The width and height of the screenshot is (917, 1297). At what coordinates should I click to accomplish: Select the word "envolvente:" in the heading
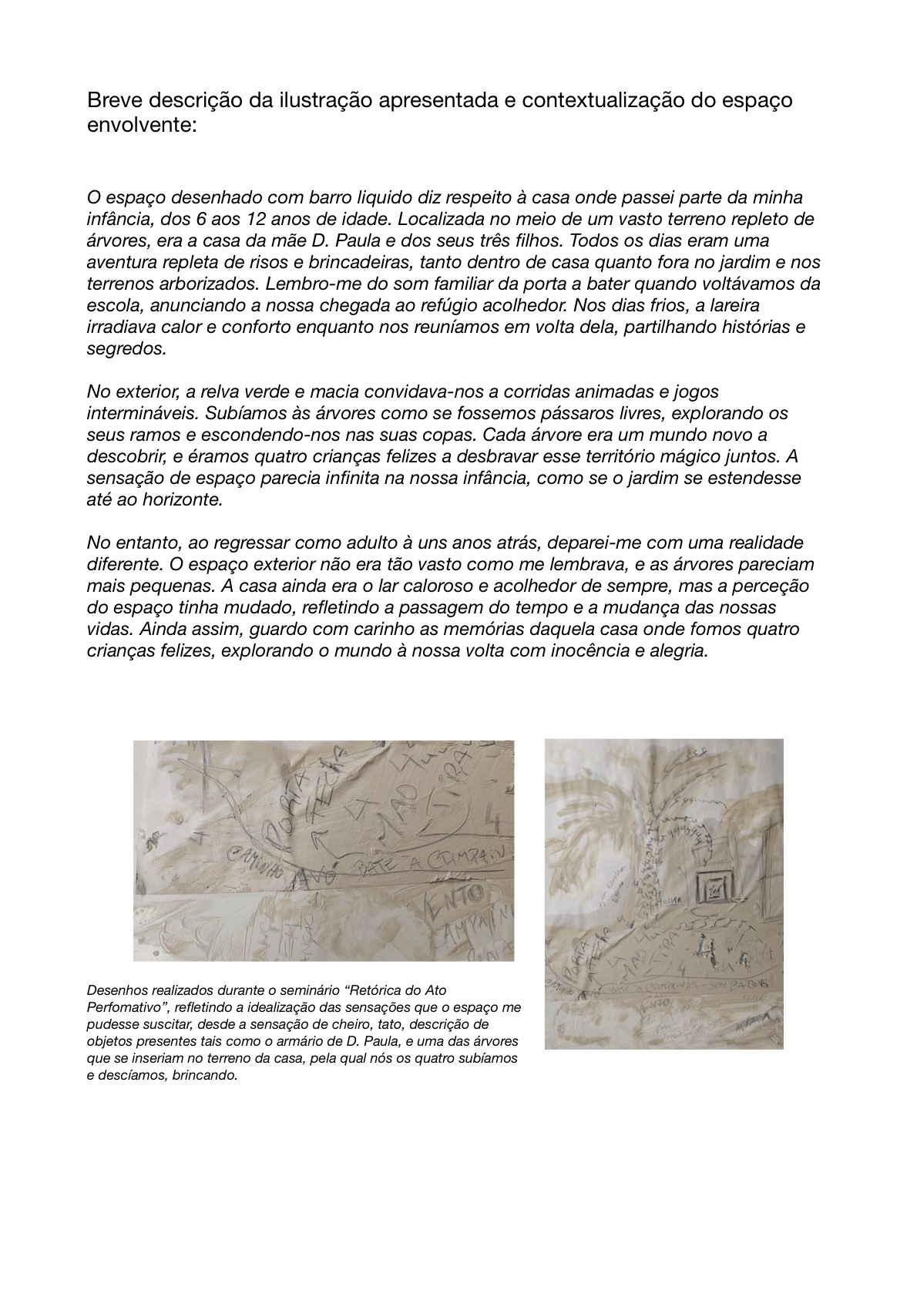tap(142, 125)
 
